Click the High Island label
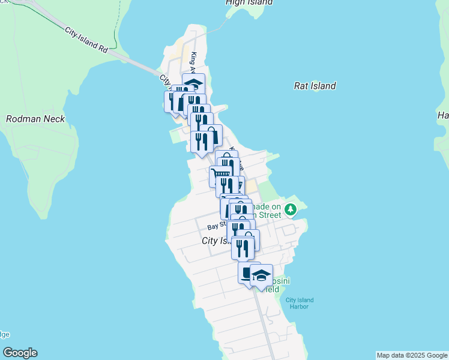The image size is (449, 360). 249,2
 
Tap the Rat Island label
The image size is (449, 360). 315,86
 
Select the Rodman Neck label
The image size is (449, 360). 35,119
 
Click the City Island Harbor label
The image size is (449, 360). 299,303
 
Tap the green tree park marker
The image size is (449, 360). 291,209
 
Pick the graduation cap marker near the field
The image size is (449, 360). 261,274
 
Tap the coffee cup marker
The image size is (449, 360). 247,272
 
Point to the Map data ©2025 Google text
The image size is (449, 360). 412,355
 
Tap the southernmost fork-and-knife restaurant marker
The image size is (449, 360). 243,246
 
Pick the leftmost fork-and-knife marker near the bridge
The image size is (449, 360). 173,99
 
